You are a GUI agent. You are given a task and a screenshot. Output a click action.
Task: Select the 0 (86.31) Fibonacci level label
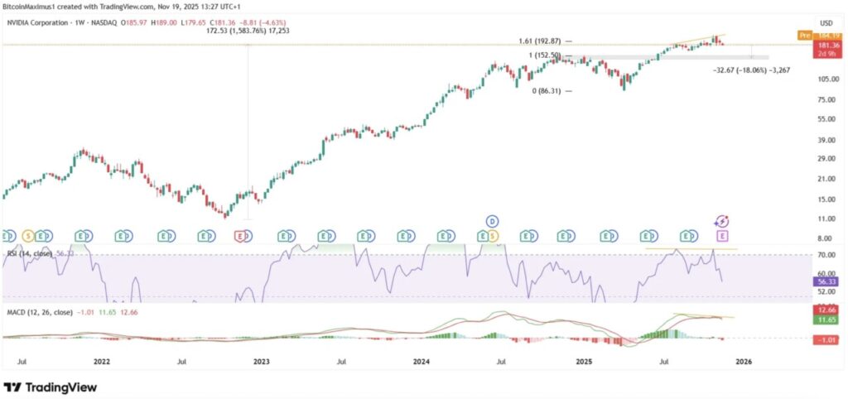(550, 91)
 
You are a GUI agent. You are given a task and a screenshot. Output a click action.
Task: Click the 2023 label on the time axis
(261, 362)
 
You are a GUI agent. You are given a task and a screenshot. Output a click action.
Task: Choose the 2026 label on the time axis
(744, 362)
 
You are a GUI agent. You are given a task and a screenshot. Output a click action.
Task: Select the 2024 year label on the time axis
(421, 362)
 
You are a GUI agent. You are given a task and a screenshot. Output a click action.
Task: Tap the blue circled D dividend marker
(492, 221)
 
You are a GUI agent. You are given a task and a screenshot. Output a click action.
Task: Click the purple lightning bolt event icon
(722, 221)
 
